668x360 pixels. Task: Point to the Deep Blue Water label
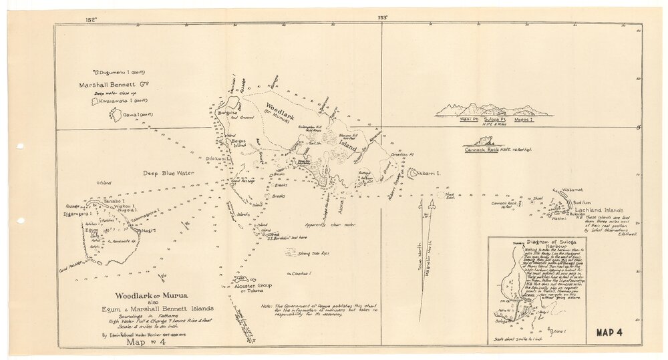point(168,173)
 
